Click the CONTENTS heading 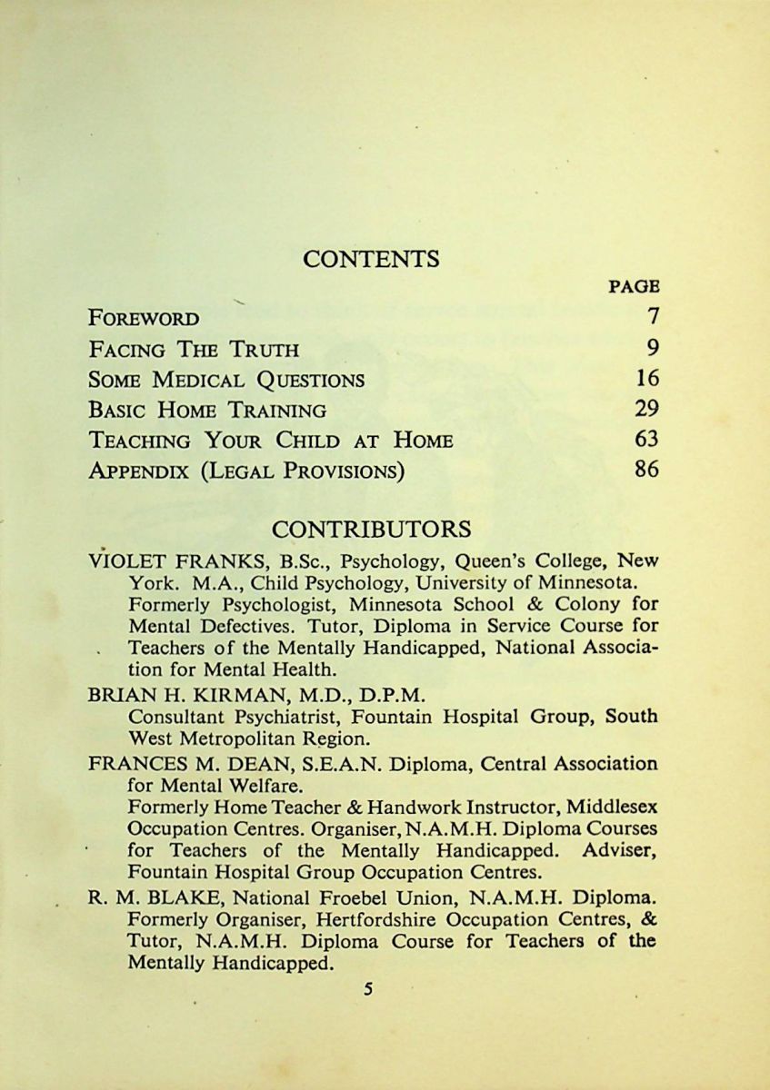pyautogui.click(x=371, y=259)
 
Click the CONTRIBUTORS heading pyautogui.click(x=371, y=529)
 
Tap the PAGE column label pyautogui.click(x=634, y=286)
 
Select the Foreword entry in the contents pyautogui.click(x=145, y=318)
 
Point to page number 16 pyautogui.click(x=647, y=379)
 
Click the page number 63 pyautogui.click(x=647, y=441)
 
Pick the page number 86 pyautogui.click(x=647, y=471)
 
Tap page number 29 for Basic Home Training pyautogui.click(x=647, y=410)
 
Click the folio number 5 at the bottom pyautogui.click(x=368, y=989)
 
